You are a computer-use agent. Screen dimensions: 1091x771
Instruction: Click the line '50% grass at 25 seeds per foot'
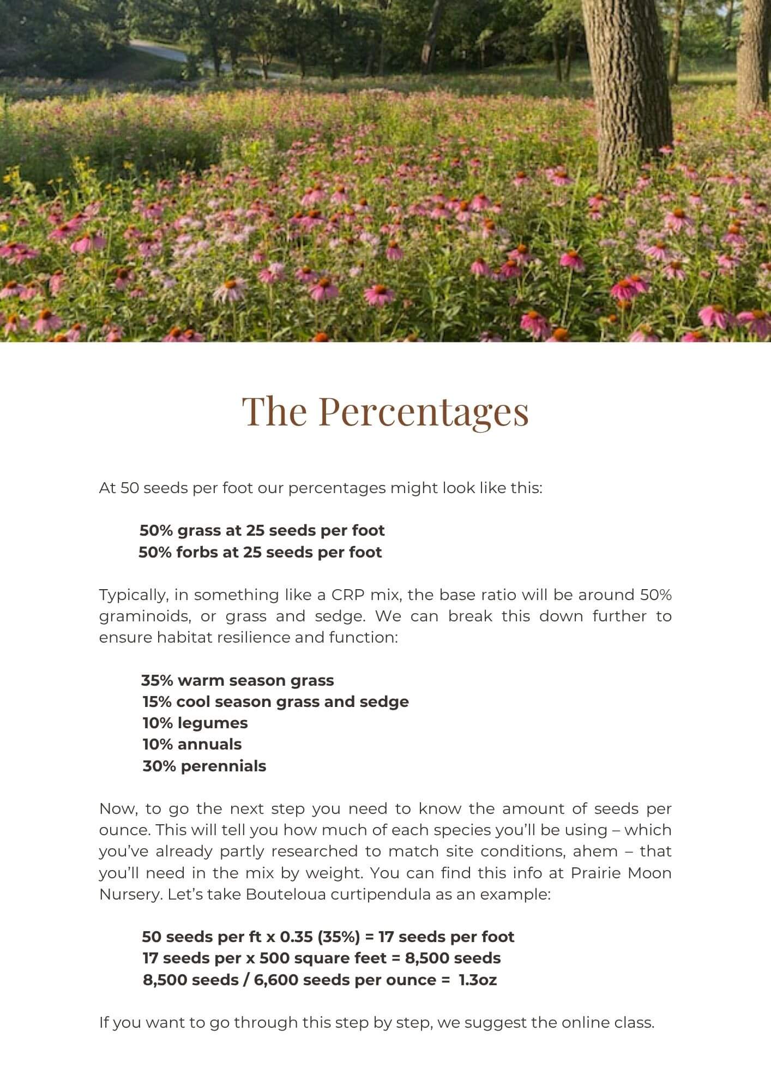pyautogui.click(x=262, y=530)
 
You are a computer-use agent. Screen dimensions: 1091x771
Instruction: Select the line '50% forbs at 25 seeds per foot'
pyautogui.click(x=260, y=552)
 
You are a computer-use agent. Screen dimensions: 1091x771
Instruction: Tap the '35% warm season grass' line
pyautogui.click(x=237, y=680)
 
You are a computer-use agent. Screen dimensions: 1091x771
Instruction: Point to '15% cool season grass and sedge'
pyautogui.click(x=275, y=702)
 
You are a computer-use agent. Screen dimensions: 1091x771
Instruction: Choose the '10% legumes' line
pyautogui.click(x=195, y=723)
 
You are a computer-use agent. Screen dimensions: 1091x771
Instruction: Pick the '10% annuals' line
pyautogui.click(x=192, y=744)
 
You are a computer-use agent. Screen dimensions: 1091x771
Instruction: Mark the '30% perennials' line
pyautogui.click(x=204, y=766)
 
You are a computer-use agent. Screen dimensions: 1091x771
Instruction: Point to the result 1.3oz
pyautogui.click(x=478, y=980)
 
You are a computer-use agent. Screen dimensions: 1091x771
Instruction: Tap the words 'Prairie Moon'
pyautogui.click(x=621, y=873)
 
